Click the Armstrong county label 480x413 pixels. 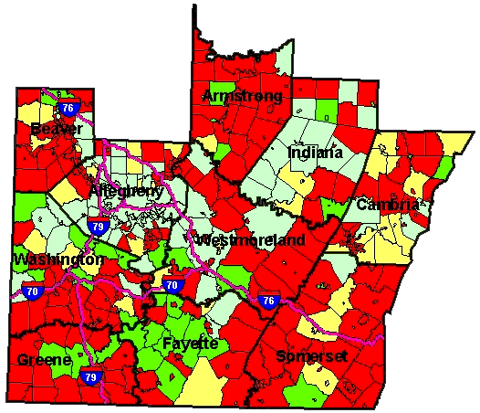click(242, 96)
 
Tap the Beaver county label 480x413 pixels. click(56, 129)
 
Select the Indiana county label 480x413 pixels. click(315, 153)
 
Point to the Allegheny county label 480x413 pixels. click(127, 191)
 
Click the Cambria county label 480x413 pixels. click(388, 204)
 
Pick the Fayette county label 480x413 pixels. click(191, 344)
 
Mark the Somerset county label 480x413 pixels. click(311, 355)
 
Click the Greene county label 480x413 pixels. click(43, 360)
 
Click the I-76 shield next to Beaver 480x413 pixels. click(68, 108)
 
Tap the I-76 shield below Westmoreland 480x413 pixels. click(268, 301)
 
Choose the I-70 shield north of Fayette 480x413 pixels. click(172, 286)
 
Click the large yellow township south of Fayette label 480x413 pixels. click(203, 384)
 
